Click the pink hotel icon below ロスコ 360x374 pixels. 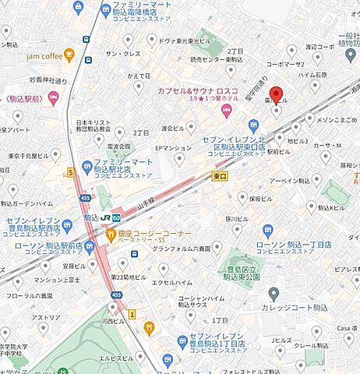pos(228,111)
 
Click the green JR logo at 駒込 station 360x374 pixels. pos(104,217)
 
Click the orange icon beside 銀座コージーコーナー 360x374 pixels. pos(122,233)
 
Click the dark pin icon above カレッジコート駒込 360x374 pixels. pos(274,293)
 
